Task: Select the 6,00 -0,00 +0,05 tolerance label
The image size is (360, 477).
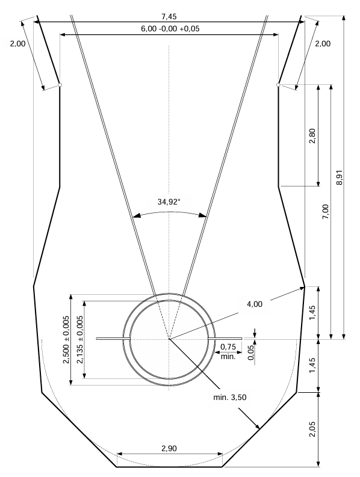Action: (x=169, y=28)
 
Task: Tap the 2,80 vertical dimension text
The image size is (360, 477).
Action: (x=312, y=139)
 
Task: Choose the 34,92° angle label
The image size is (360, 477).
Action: (x=170, y=202)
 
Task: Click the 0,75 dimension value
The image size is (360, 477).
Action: (x=228, y=346)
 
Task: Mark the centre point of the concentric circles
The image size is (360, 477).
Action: (x=169, y=339)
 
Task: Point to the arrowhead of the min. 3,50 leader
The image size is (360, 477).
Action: (x=258, y=428)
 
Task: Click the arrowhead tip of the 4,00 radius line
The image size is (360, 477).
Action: (x=304, y=287)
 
